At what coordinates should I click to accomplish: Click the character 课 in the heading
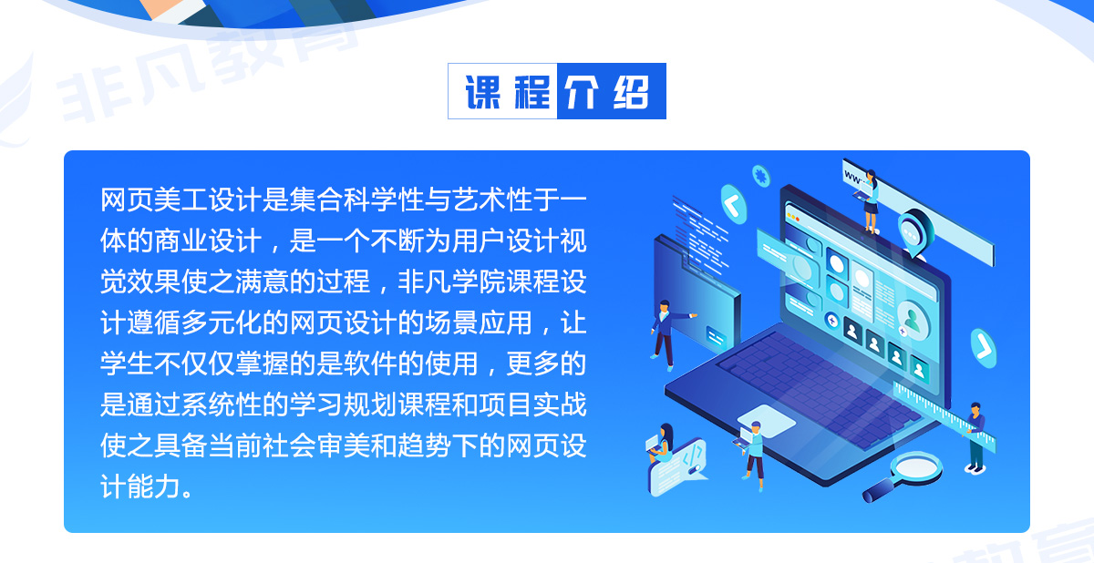coord(482,92)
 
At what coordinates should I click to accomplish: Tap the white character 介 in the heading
coord(582,92)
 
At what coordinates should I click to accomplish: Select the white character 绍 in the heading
coord(632,92)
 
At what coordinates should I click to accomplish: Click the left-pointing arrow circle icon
coord(734,204)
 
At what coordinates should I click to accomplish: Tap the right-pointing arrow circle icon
coord(983,348)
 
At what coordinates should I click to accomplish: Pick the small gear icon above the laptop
coord(760,176)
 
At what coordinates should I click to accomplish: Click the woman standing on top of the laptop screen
coord(871,201)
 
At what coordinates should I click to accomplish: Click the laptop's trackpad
coord(767,421)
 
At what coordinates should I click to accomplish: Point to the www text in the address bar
coord(853,178)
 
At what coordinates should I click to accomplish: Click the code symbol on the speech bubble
coord(693,456)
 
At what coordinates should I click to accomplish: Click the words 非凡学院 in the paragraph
coord(451,282)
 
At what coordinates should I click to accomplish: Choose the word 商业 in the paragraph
coord(181,241)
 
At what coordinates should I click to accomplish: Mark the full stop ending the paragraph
coord(187,493)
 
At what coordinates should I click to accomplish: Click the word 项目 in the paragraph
coord(505,404)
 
